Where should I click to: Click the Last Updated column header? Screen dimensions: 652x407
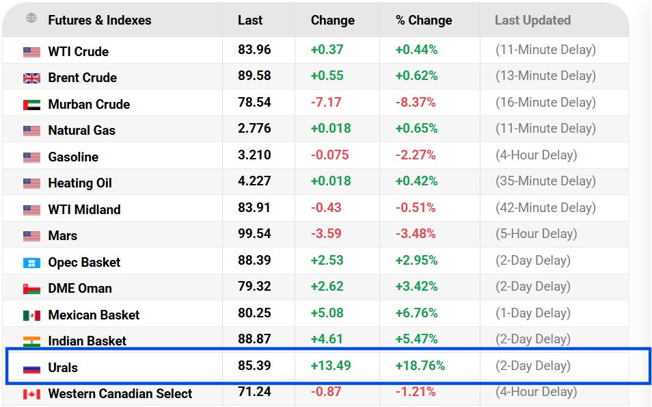(x=532, y=20)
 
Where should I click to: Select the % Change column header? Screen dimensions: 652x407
(x=424, y=20)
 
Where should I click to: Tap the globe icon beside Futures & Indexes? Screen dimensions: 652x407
(x=31, y=18)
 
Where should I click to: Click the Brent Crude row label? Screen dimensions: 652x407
(x=82, y=77)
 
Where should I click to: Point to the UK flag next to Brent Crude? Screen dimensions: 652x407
(x=31, y=78)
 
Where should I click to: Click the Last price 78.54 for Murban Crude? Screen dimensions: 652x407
(x=254, y=102)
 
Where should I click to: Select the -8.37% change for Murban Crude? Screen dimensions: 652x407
(x=416, y=102)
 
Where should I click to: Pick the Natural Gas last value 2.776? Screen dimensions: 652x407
(x=254, y=128)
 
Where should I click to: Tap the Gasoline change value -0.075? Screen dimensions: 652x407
(x=329, y=155)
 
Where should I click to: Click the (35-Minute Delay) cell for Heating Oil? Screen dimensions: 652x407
(x=545, y=181)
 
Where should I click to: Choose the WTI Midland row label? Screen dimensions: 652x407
(x=85, y=209)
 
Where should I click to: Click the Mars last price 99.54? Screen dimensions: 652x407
(x=254, y=233)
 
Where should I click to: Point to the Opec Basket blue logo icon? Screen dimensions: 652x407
(x=31, y=263)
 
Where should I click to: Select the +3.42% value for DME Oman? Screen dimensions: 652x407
(x=416, y=287)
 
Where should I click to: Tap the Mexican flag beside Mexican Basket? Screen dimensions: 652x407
(x=31, y=315)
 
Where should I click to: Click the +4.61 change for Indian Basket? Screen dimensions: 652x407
(x=327, y=339)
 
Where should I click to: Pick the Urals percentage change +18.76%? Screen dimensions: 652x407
(x=420, y=365)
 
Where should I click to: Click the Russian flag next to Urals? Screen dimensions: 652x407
(x=31, y=368)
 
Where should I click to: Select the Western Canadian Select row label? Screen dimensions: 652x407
(x=120, y=393)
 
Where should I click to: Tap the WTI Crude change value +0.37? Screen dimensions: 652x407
(x=327, y=49)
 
